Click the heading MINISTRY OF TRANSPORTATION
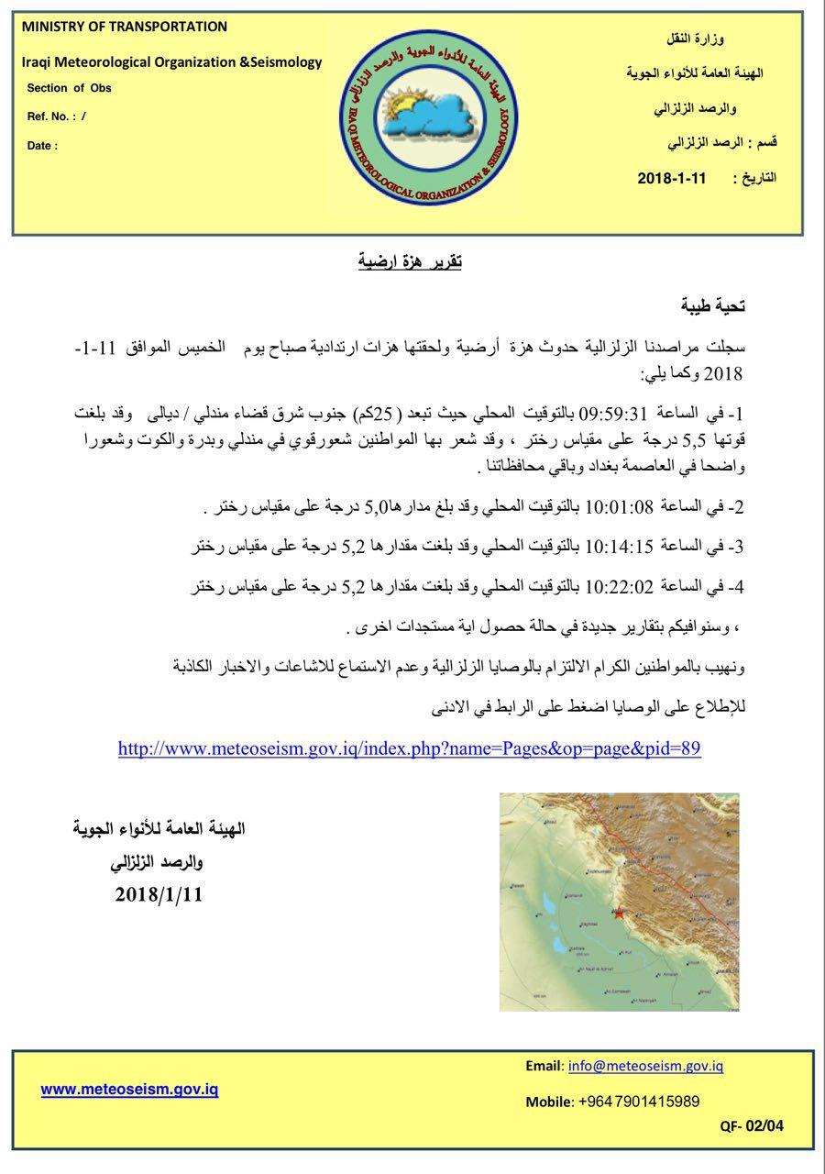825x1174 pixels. coord(124,27)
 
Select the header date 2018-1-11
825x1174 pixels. coord(672,178)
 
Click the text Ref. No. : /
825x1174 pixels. coord(57,116)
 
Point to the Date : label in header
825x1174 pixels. coord(42,145)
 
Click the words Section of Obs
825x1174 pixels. coord(69,88)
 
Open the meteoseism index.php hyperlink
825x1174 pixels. coord(410,748)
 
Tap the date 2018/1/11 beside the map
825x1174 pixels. coord(159,894)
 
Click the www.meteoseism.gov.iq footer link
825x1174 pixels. coord(129,1089)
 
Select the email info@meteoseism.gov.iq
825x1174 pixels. coord(645,1066)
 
